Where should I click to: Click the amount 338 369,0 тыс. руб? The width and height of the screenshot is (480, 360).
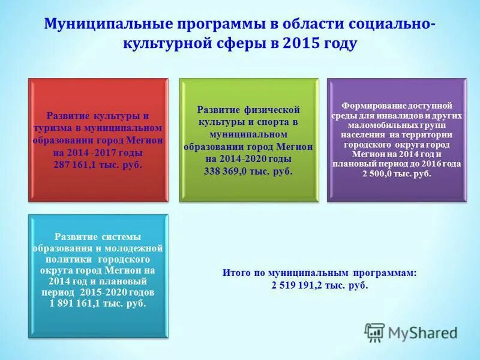coord(248,171)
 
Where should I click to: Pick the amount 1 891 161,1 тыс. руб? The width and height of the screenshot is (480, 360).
coord(98,304)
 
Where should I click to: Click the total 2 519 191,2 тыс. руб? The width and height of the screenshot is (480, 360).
coord(319,285)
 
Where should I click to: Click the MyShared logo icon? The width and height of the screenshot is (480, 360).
coord(375,332)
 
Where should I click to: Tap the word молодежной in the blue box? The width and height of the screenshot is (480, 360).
coord(136,247)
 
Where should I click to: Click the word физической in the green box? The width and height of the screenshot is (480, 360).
coord(272,111)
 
